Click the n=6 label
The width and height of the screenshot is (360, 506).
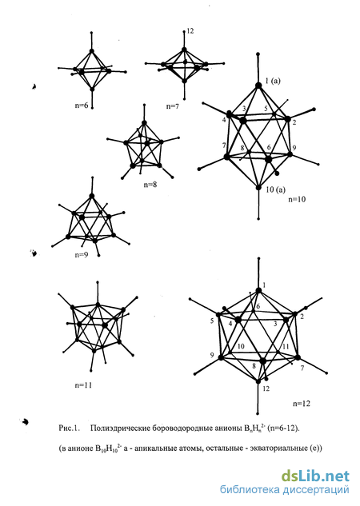tap(82, 106)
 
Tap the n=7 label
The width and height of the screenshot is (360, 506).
tap(173, 106)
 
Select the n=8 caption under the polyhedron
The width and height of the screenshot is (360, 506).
tap(150, 185)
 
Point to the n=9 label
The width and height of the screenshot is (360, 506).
tap(82, 255)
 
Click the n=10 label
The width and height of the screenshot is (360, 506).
tap(297, 199)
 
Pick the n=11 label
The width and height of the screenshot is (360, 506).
tap(84, 385)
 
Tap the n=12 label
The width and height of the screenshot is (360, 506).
tap(302, 404)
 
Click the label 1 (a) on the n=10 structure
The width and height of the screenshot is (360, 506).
tap(273, 81)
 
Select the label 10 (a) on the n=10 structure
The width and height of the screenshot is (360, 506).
tap(275, 189)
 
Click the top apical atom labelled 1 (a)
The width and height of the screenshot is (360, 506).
tap(258, 86)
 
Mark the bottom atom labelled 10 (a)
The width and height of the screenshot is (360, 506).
tap(258, 187)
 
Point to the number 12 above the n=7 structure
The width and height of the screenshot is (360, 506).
tap(190, 31)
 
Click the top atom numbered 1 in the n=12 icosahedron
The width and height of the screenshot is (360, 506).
tap(258, 290)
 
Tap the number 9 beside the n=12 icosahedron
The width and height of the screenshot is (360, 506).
tap(212, 355)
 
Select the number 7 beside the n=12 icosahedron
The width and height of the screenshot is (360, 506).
tap(302, 368)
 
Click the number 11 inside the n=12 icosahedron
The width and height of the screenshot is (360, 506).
tap(286, 347)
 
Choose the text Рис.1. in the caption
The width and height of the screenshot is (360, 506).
tap(69, 428)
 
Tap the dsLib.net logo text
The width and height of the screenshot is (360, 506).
tap(315, 476)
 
